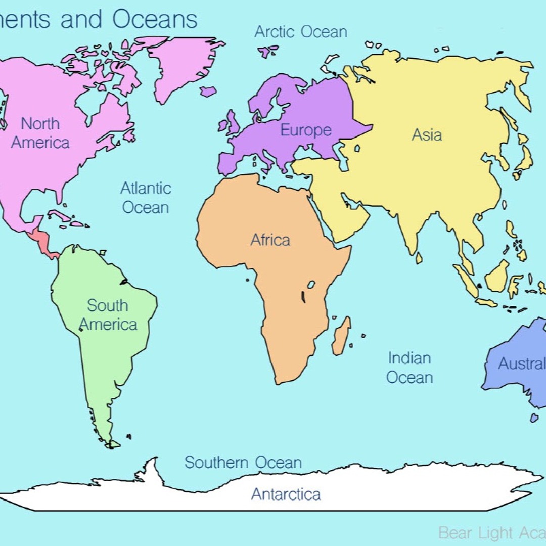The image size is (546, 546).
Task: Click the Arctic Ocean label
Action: click(301, 32)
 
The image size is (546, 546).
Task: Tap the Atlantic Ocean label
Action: click(146, 198)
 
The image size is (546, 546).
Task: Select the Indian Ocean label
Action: click(409, 368)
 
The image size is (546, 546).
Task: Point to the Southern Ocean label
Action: click(243, 462)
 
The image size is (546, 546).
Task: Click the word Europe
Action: click(306, 130)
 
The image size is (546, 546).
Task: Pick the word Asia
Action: click(427, 135)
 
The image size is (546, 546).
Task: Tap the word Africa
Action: click(270, 240)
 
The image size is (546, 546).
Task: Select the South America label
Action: click(108, 315)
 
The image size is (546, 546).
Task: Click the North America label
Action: click(40, 133)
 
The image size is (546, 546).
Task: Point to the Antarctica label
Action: click(286, 494)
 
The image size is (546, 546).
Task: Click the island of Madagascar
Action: click(341, 336)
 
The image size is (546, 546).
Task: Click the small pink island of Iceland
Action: click(208, 92)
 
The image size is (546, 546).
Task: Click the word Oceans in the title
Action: click(155, 19)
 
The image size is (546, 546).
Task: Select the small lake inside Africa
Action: click(311, 285)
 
